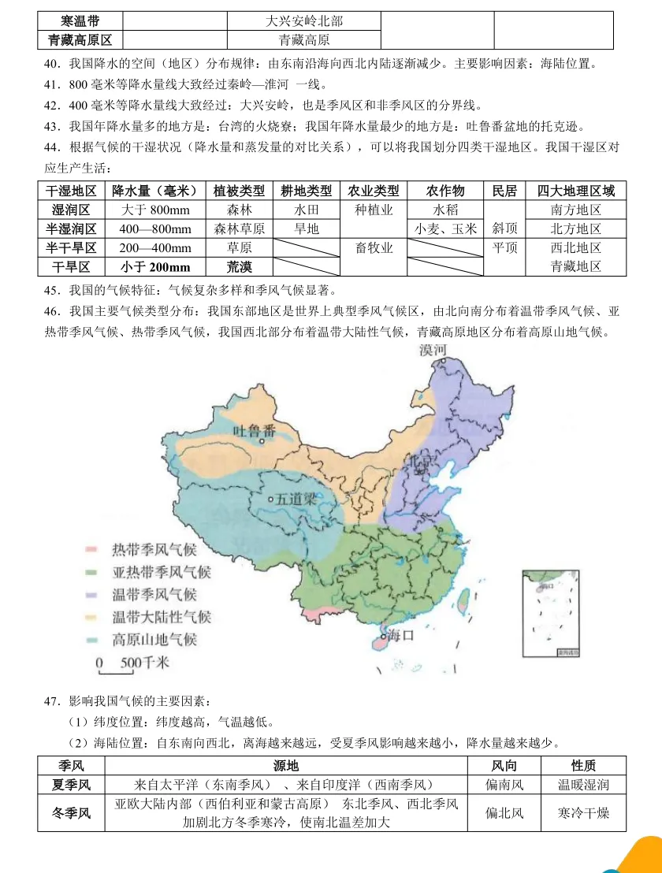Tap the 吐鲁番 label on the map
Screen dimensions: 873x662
(255, 430)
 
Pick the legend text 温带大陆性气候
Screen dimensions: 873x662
(162, 617)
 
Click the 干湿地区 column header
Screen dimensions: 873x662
(71, 191)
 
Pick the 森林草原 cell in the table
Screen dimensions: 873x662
(240, 229)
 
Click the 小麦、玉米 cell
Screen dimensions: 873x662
(445, 229)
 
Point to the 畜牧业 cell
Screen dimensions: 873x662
(374, 248)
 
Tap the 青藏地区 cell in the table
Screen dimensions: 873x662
(575, 266)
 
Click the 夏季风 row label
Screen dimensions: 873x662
(71, 785)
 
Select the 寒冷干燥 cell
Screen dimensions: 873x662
(583, 813)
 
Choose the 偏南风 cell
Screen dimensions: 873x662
(504, 785)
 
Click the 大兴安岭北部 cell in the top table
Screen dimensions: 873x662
(304, 21)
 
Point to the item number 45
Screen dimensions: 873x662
(54, 290)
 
